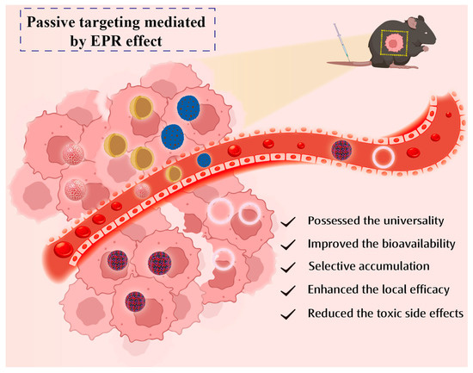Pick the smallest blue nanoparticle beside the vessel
205,159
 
